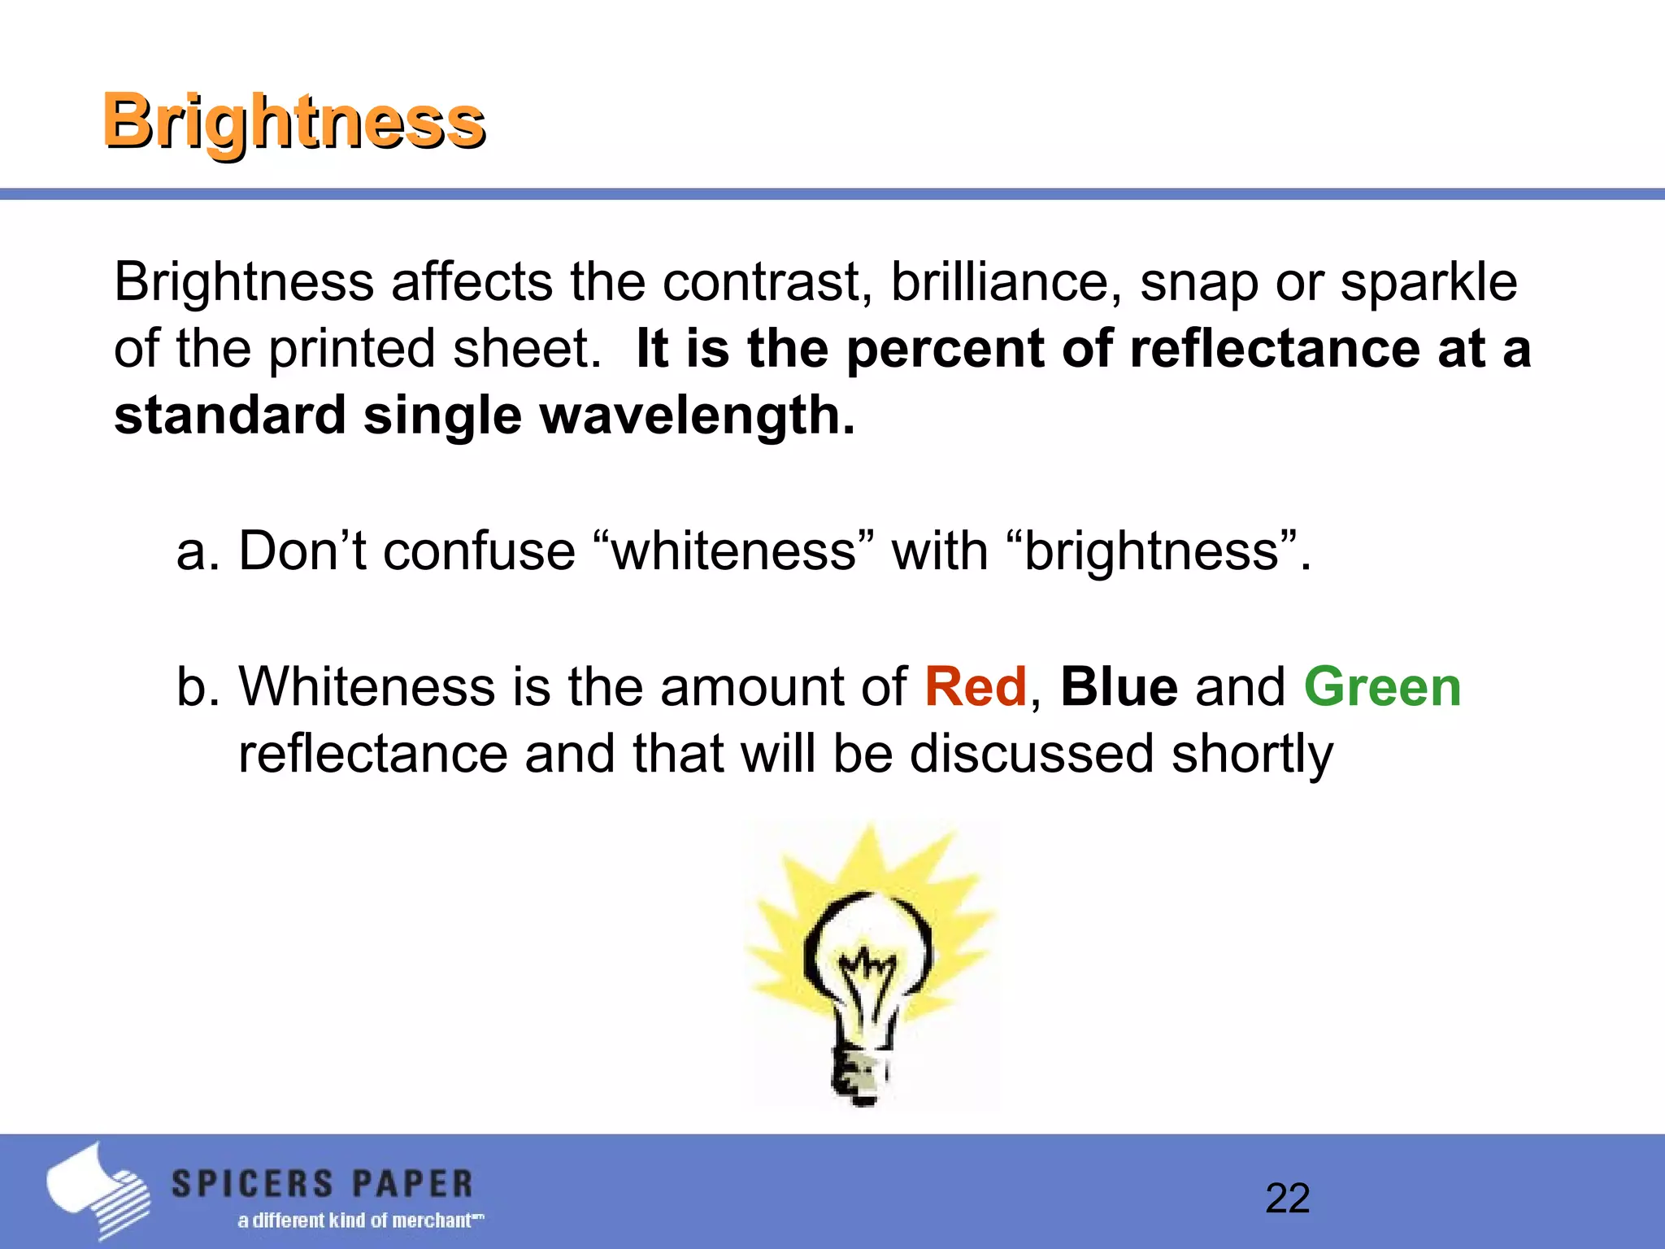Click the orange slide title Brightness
[293, 122]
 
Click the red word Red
[975, 687]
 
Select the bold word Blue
[1119, 687]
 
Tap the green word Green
[1382, 687]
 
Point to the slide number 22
[1287, 1199]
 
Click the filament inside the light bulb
[867, 976]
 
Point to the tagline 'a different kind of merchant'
[359, 1221]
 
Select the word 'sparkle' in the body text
[1428, 282]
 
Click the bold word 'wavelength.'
[698, 416]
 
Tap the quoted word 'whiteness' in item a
[734, 551]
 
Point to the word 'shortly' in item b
[1252, 755]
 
